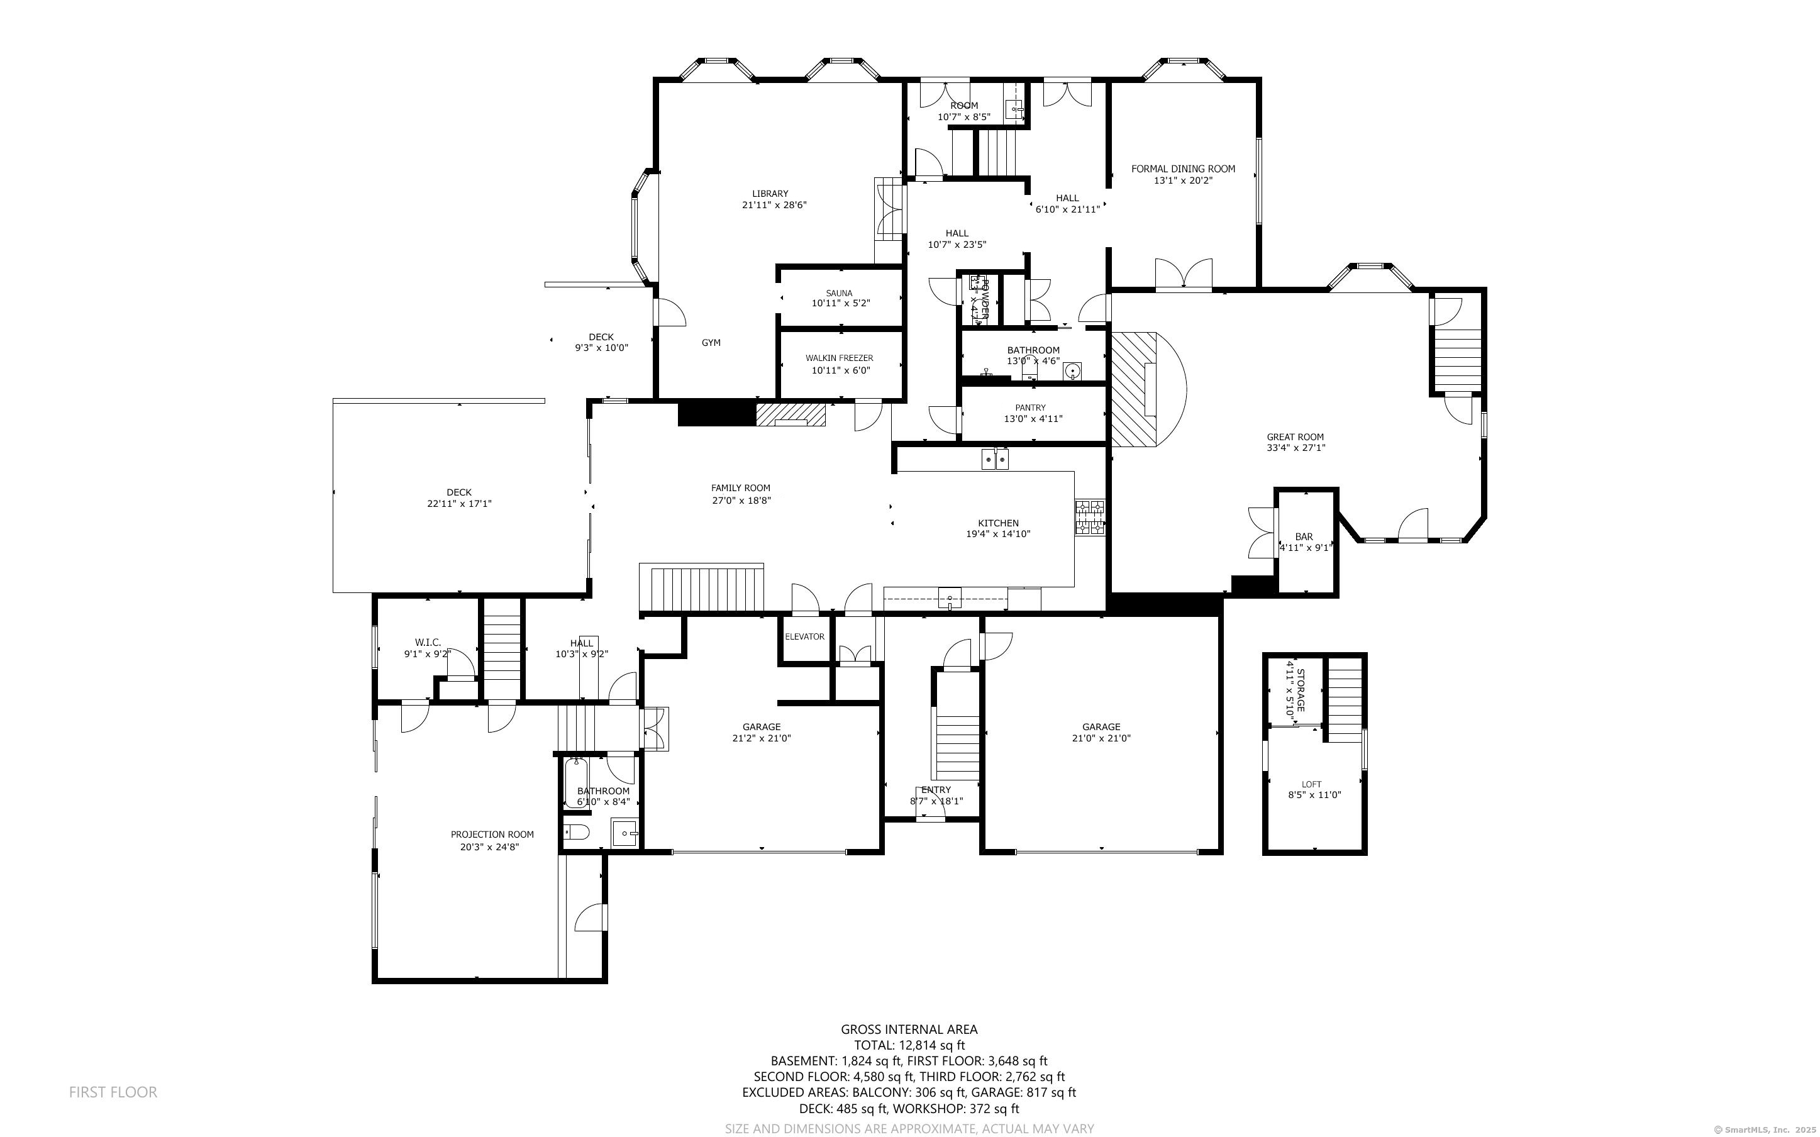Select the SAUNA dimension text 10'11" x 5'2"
[840, 304]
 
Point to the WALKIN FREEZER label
[839, 358]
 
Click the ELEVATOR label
[804, 636]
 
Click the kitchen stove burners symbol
[1089, 518]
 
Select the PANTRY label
[1030, 408]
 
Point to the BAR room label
[1304, 537]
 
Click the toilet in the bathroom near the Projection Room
[577, 833]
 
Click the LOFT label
[1311, 784]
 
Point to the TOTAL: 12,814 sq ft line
[909, 1045]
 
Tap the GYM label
[711, 343]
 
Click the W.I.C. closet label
[427, 642]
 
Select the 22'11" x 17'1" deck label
[458, 504]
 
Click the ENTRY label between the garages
[936, 790]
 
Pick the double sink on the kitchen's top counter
[996, 458]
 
